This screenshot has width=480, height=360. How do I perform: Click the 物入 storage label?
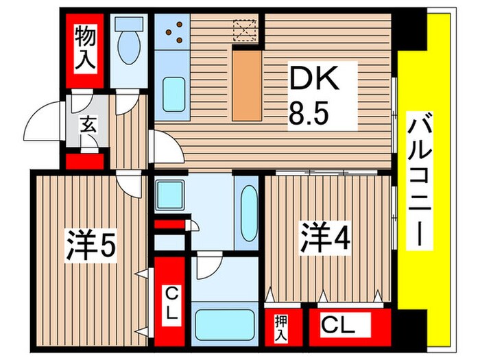click(84, 47)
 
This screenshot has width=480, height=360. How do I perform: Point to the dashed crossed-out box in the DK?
click(244, 29)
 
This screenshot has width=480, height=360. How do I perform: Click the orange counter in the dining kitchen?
click(246, 84)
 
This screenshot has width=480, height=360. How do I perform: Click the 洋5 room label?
click(91, 243)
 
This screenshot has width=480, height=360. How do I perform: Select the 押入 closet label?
click(280, 328)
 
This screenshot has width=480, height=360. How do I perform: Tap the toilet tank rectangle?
click(128, 24)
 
